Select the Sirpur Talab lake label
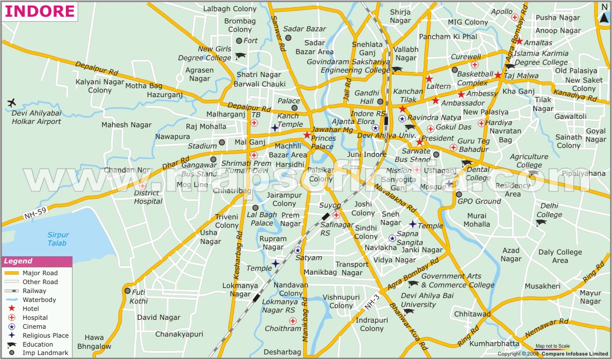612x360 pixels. click(x=57, y=239)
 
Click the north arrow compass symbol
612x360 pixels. click(x=604, y=15)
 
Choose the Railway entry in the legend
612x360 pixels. click(x=34, y=291)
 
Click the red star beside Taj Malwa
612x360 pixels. click(x=498, y=75)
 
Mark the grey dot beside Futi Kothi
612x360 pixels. click(x=127, y=291)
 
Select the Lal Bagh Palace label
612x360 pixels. click(x=262, y=219)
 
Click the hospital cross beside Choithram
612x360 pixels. click(x=293, y=320)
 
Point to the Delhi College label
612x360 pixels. click(x=549, y=210)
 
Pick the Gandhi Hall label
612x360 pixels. click(x=367, y=97)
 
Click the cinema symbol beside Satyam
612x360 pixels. click(x=298, y=250)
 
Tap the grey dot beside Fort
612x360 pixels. click(x=239, y=41)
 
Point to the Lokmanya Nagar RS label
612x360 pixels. click(x=279, y=305)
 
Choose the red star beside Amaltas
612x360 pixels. click(x=519, y=41)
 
